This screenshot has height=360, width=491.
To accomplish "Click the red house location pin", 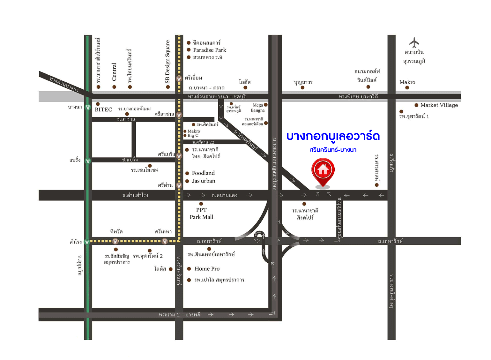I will click(323, 171).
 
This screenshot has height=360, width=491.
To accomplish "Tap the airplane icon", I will click(414, 43).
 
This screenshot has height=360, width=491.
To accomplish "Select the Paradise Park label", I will click(209, 50).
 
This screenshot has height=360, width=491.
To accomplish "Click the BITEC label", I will click(103, 110).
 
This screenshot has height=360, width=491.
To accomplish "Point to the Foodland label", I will click(203, 173).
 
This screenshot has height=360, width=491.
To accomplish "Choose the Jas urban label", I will click(204, 181).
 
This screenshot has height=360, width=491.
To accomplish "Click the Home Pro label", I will click(207, 269).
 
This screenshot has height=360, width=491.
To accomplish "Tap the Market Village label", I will click(439, 105).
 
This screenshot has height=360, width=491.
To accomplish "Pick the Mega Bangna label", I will click(258, 108).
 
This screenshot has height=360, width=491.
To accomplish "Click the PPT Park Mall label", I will click(201, 214).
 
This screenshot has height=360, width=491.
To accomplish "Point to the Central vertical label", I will click(114, 72).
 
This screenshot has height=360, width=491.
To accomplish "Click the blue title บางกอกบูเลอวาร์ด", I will click(333, 136).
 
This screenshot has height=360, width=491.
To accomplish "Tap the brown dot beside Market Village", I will click(416, 105).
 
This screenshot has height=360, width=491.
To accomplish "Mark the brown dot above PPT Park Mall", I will click(201, 204).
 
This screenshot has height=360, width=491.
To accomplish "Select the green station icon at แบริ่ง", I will click(88, 161).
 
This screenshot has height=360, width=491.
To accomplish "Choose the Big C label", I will click(193, 136).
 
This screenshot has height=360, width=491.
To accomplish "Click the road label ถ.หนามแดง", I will click(224, 195).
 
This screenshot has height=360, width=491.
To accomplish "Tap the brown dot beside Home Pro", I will click(189, 269).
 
